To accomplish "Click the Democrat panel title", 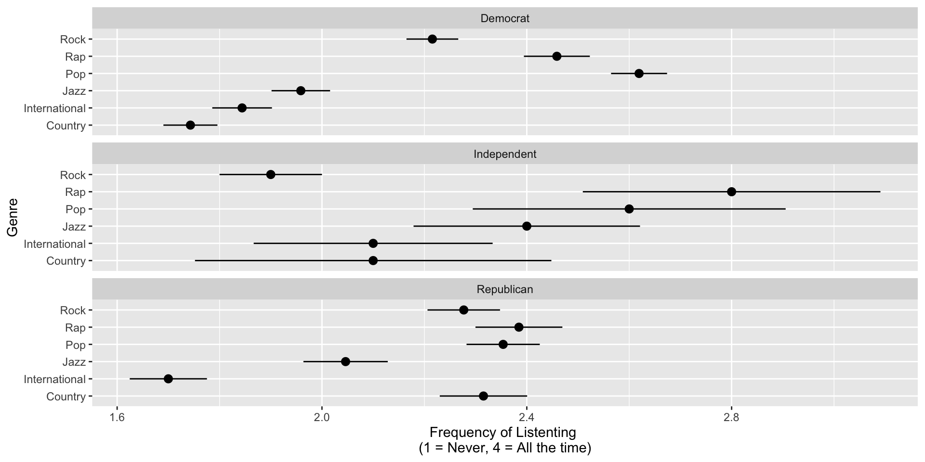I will tap(504, 19).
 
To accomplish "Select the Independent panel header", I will tap(504, 154).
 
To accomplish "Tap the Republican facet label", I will tap(504, 289).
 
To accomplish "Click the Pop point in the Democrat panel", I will tap(639, 74).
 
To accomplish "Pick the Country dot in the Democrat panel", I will tap(190, 125).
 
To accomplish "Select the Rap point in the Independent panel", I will tap(731, 192).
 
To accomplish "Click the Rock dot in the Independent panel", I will tap(271, 174).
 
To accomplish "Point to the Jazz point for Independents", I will tap(527, 226).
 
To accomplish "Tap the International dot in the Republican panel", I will tap(168, 379).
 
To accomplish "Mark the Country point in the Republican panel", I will tap(483, 396).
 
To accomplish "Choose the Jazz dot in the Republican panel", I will tap(345, 361).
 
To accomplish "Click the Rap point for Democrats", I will tap(556, 56).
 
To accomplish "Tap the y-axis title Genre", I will tap(13, 218).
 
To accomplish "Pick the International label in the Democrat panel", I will tap(54, 108).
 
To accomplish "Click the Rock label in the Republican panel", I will tap(73, 310).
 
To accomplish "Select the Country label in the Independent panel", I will tap(66, 261).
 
